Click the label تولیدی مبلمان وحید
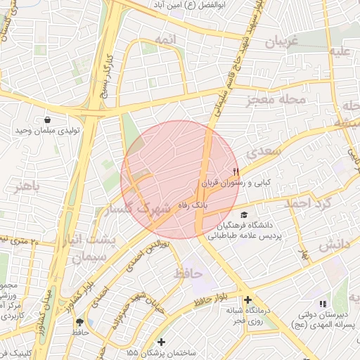coord(46,131)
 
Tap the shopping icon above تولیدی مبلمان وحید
coord(46,120)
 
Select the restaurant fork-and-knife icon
coord(236,171)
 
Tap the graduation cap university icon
coord(244,215)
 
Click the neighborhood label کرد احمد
coord(307,203)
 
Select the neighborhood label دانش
coord(335,245)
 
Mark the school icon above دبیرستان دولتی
coord(323,304)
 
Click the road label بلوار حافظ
coord(210,300)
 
